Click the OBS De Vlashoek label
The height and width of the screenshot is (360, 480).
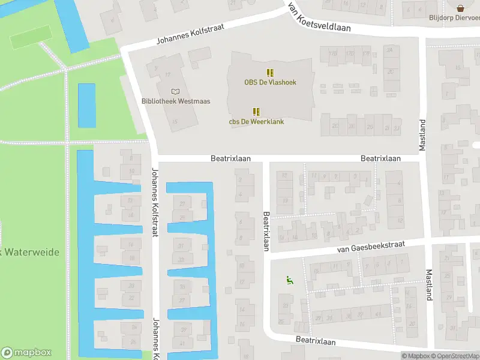(x=270, y=82)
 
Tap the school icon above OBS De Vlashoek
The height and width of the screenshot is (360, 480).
(x=271, y=72)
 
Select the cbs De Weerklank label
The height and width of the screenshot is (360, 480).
(x=256, y=122)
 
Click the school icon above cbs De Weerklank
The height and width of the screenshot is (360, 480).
(x=256, y=112)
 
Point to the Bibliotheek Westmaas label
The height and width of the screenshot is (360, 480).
(x=176, y=101)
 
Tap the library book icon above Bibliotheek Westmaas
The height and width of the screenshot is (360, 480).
(x=175, y=91)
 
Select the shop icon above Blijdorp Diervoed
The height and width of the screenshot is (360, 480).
(x=461, y=8)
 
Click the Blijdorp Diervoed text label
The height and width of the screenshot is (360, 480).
(x=454, y=17)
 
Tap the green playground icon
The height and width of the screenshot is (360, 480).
(x=289, y=279)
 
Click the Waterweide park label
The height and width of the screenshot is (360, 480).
(x=30, y=253)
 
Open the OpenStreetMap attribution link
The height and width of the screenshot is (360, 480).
(x=458, y=356)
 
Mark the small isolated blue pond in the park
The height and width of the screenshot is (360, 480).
(x=87, y=105)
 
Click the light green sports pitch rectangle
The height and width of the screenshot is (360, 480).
(x=29, y=39)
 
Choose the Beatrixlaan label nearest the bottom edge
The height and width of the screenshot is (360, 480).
(x=315, y=341)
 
